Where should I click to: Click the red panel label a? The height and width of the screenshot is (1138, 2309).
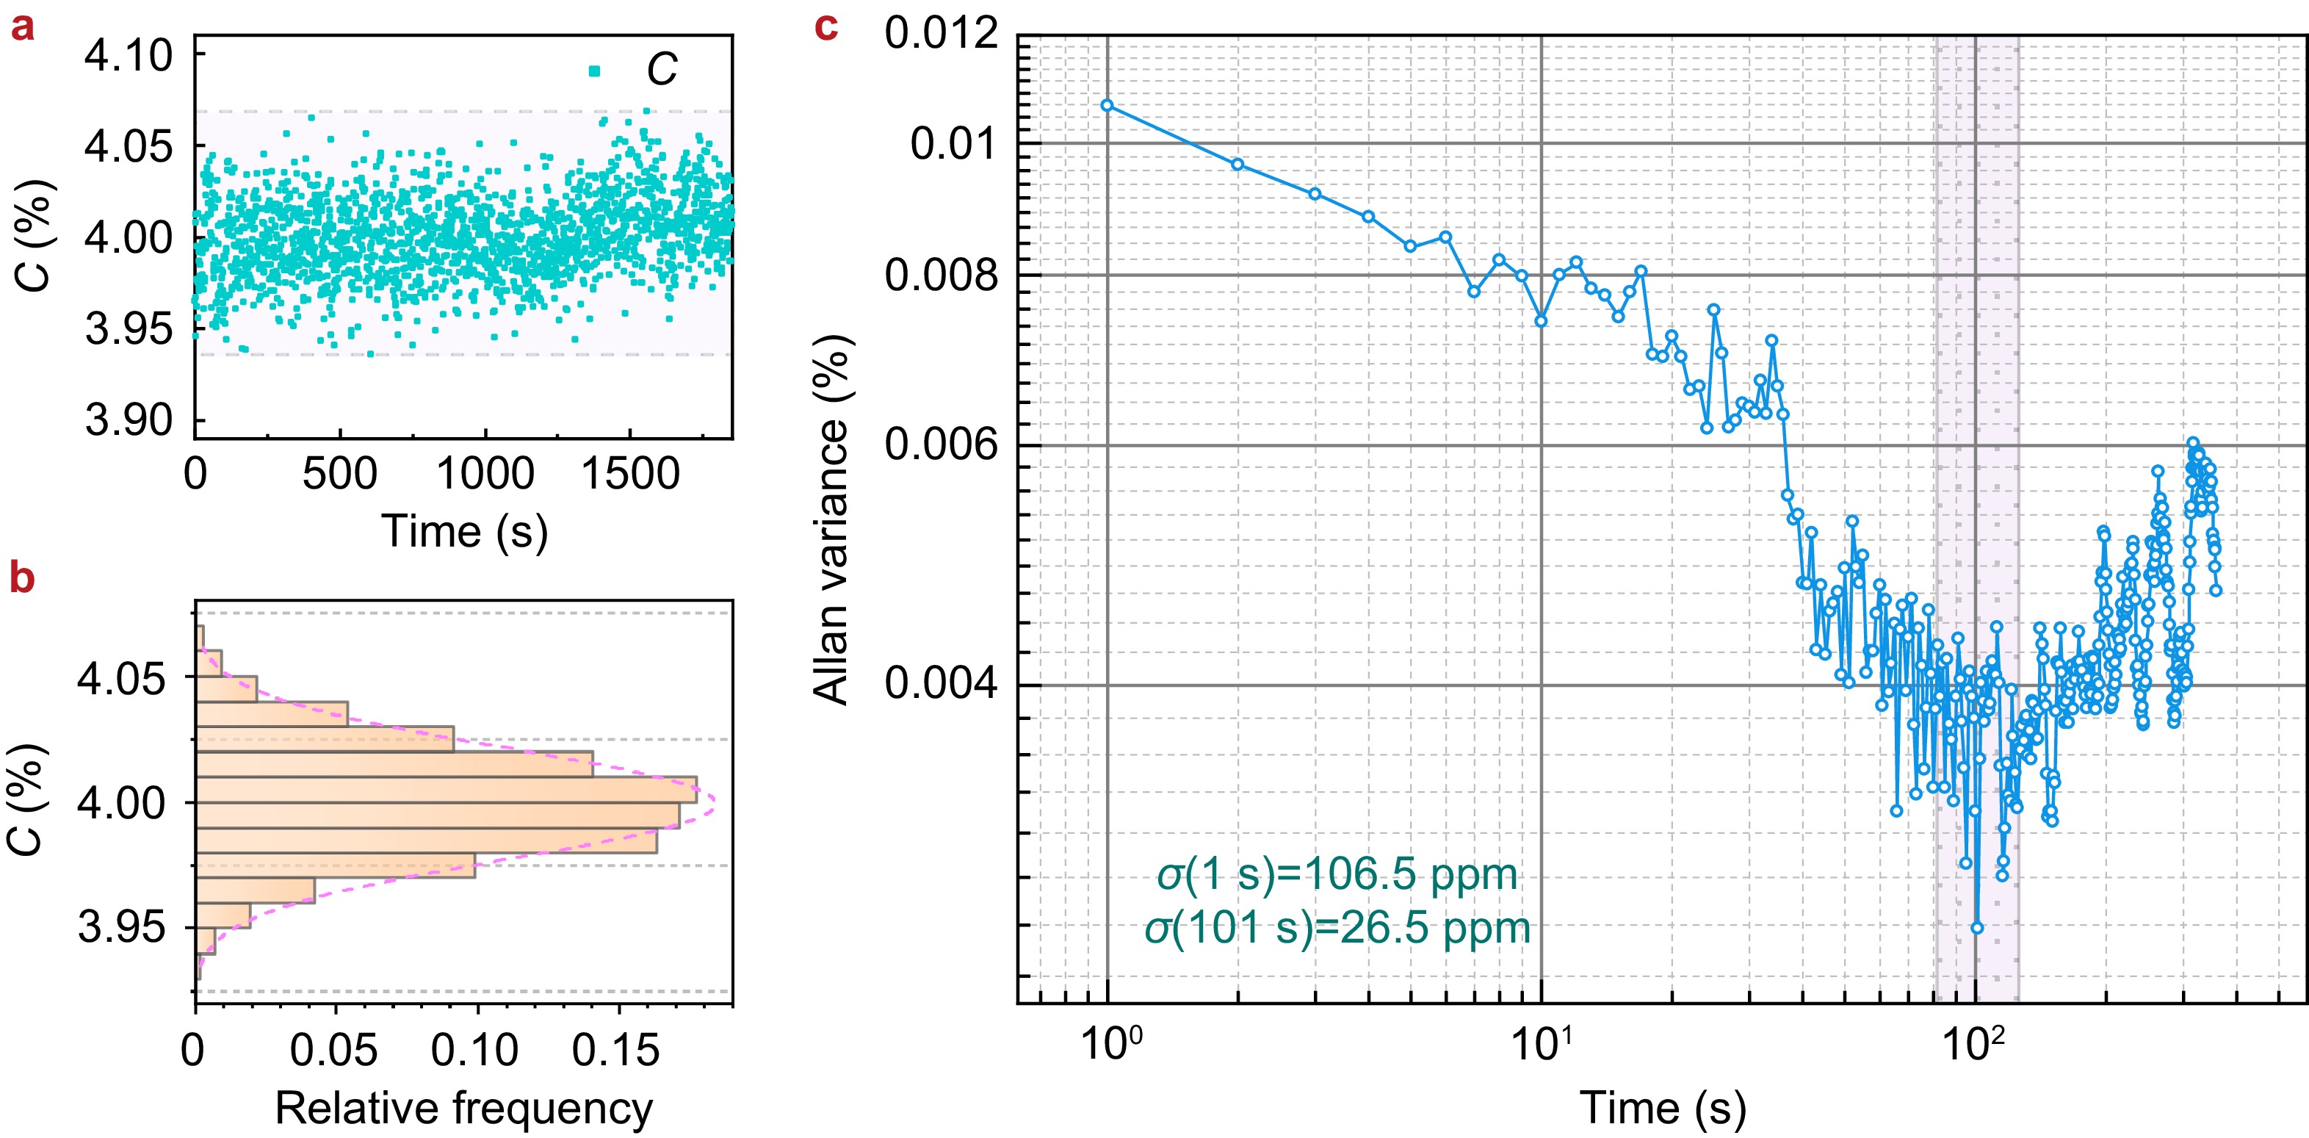(23, 28)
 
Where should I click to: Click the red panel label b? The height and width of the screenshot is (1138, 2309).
(23, 578)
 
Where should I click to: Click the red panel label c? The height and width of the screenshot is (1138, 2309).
(825, 28)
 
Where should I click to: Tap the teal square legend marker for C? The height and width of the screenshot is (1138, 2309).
(594, 71)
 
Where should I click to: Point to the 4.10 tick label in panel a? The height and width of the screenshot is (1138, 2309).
(129, 56)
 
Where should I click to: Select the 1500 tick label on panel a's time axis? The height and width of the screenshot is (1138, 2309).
(630, 474)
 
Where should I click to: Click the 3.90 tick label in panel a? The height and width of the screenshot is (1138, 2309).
(129, 419)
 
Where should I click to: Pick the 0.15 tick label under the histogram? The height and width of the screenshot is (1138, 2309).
(615, 1050)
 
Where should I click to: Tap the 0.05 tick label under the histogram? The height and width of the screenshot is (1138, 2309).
(333, 1050)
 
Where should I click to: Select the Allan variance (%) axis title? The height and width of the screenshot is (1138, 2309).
(831, 520)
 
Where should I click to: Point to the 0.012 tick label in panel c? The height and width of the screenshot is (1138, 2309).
(942, 34)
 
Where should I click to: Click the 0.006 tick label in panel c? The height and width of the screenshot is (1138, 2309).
(942, 444)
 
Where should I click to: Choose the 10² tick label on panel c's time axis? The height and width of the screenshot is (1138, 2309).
(1974, 1044)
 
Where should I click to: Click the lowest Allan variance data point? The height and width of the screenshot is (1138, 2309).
(1977, 928)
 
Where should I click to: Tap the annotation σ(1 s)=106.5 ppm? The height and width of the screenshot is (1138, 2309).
(1337, 874)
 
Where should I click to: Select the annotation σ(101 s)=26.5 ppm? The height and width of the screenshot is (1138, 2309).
(1337, 928)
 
